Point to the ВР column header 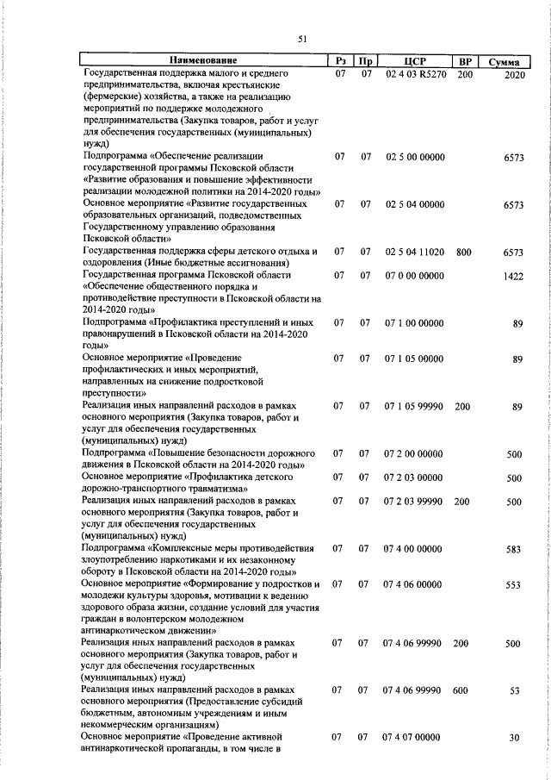click(465, 61)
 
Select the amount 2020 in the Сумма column click(514, 76)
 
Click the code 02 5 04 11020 click(415, 252)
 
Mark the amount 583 click(515, 549)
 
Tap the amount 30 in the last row click(517, 739)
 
